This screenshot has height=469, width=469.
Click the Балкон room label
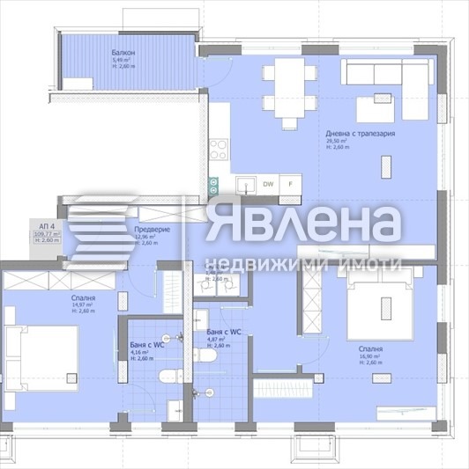coord(123,54)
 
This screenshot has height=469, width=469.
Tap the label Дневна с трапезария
coord(361,134)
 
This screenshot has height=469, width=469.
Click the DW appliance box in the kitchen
coord(268,185)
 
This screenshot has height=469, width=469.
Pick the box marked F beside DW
coord(291,185)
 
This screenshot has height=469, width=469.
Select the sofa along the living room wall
coord(387,70)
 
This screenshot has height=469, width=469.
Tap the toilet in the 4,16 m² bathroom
coord(167,377)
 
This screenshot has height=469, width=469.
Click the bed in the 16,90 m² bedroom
coord(386,305)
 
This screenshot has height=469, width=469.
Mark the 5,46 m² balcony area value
coord(119,61)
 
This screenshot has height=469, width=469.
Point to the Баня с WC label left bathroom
coord(146,346)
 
